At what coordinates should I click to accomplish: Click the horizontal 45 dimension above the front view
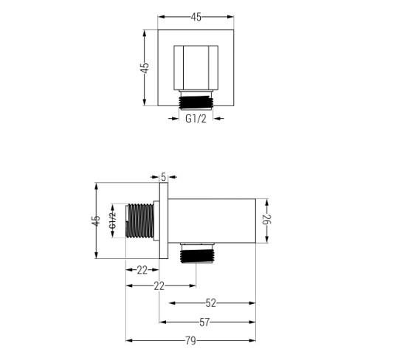click(197, 16)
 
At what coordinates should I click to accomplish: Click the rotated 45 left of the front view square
click(146, 66)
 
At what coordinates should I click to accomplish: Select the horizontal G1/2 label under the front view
click(196, 118)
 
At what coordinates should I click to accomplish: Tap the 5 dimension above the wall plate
click(164, 176)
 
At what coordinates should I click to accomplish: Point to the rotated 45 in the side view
click(96, 221)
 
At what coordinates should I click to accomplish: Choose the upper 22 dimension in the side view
click(142, 270)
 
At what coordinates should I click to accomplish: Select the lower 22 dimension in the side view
click(159, 285)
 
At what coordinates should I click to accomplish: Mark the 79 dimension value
click(191, 340)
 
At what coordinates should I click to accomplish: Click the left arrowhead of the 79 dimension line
click(128, 340)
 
